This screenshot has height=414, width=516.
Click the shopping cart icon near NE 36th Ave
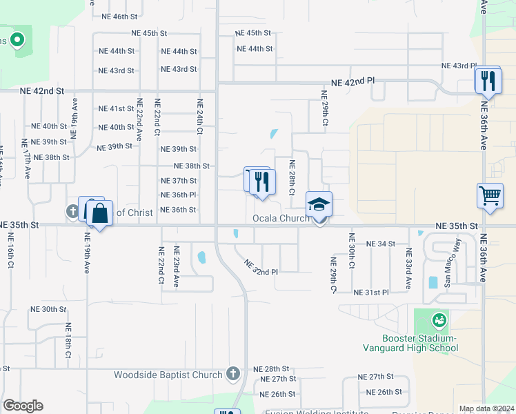(490, 196)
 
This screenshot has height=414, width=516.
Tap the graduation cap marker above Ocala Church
(319, 205)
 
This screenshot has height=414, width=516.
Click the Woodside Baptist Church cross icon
(233, 374)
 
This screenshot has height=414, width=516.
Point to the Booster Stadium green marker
(438, 320)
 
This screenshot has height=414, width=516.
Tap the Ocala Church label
(280, 219)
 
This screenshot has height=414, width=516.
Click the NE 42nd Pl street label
(353, 81)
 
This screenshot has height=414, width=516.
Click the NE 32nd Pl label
(261, 267)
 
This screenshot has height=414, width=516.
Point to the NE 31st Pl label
(371, 293)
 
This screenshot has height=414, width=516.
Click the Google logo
(23, 406)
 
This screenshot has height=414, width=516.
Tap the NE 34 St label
(381, 244)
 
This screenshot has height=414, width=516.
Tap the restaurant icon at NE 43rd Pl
(487, 81)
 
